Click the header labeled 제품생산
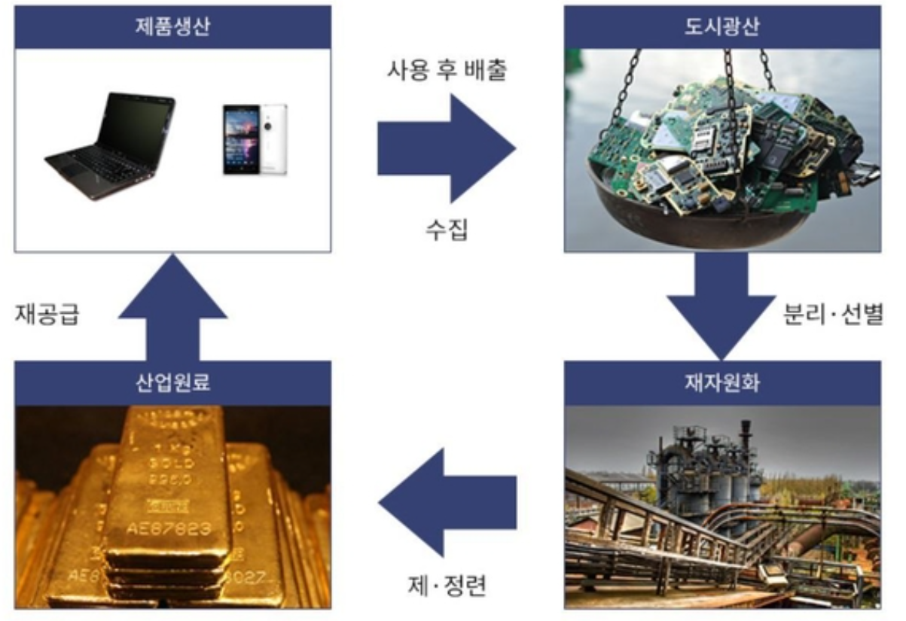point(172,27)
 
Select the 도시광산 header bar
point(721,27)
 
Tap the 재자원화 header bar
point(721,383)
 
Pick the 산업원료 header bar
point(172,383)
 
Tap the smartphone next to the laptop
point(254,139)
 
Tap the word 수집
point(447,229)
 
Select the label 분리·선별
point(831,314)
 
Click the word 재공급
point(47,314)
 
